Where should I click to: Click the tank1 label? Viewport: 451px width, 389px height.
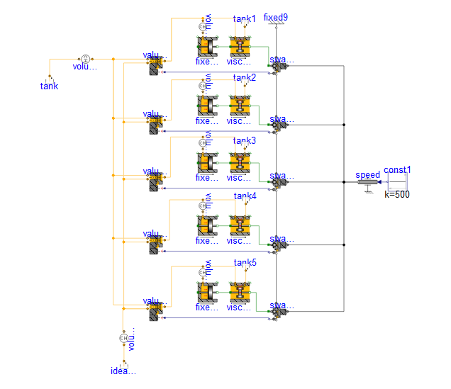pos(245,18)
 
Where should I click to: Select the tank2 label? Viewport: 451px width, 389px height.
pos(245,77)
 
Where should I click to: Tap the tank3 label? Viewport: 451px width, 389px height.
pos(245,140)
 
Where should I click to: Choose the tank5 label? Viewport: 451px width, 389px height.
pos(245,262)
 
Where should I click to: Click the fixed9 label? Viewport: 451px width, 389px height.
pos(276,17)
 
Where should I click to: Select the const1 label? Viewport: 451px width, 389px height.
pos(398,170)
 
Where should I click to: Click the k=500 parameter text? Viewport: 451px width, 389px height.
pos(397,193)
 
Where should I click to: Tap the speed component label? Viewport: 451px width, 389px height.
pos(368,174)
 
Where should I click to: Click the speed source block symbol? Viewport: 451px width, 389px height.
pos(368,183)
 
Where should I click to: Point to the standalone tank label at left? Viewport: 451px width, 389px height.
pos(49,86)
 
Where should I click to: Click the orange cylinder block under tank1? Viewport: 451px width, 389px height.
pos(207,47)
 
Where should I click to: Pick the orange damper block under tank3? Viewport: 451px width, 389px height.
pos(240,164)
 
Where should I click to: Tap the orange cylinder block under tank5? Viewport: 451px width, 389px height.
pos(207,292)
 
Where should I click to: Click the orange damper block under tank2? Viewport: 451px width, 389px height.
pos(240,106)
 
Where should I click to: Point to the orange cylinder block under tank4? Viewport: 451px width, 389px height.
pos(207,225)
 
